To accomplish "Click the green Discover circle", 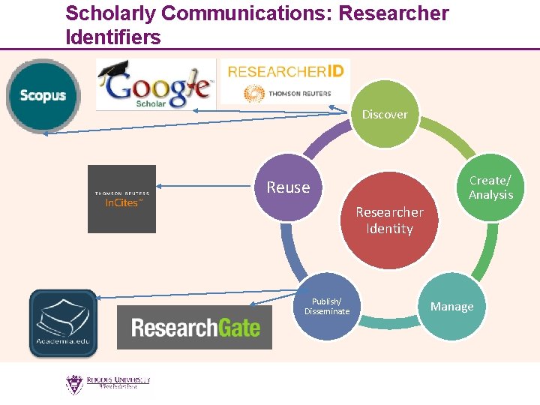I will [385, 115].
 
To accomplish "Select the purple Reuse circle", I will [288, 187].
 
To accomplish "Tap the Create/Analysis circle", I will [490, 187].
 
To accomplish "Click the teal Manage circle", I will [451, 307].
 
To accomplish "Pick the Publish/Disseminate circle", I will [327, 307].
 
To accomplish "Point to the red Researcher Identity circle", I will [389, 220].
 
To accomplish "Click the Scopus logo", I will [43, 95].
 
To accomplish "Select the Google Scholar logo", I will [156, 84].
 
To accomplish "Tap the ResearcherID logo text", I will [286, 72].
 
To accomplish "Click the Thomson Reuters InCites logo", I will [121, 199].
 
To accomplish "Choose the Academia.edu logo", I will [63, 323].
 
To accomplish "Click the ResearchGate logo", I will [194, 327].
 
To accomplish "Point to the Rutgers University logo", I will [107, 384].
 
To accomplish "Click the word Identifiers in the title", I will [113, 37].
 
